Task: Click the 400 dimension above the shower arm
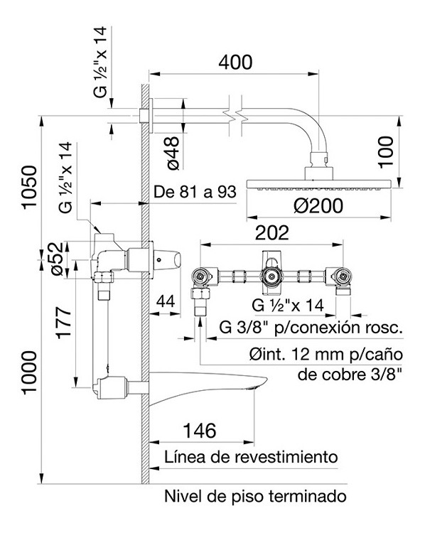235,63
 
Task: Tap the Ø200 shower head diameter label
318,205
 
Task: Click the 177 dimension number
64,323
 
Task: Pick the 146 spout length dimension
200,431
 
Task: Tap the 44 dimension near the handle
166,301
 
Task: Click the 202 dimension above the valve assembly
271,233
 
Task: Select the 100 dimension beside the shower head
386,151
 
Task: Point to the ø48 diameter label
173,154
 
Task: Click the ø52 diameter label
56,259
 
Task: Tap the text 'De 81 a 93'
195,192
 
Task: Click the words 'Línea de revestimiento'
252,457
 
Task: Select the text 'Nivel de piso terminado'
255,496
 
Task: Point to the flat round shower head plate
319,184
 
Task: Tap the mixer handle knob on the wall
167,260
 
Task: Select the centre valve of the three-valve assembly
271,276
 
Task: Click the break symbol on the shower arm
234,116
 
